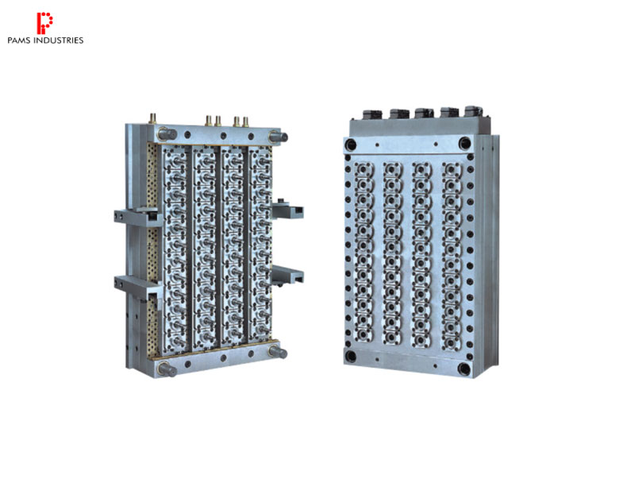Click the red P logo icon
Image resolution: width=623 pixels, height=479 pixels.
click(x=44, y=23)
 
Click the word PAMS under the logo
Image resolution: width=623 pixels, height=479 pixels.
click(x=20, y=41)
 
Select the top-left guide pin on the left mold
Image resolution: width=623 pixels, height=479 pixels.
click(x=167, y=134)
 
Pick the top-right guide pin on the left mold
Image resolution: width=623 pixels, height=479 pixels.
click(x=278, y=137)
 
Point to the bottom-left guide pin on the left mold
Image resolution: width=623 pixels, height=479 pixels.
click(x=167, y=369)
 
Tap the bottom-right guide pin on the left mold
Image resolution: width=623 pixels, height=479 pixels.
click(x=278, y=352)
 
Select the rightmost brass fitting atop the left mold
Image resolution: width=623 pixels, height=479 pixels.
click(x=245, y=122)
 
